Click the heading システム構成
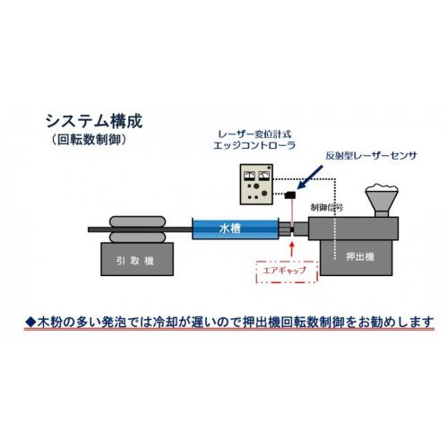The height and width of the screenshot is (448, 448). (94, 121)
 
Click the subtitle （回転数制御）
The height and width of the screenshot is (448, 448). (89, 140)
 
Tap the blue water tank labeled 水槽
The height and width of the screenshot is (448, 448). (236, 228)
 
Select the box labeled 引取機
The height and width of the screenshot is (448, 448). (137, 259)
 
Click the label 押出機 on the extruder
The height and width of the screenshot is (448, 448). (360, 256)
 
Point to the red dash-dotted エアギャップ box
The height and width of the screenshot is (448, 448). (287, 271)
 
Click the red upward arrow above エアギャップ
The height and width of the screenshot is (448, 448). (292, 250)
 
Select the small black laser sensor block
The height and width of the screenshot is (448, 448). (290, 194)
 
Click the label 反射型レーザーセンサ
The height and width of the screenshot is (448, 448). (371, 156)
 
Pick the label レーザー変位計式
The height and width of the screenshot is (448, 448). (254, 134)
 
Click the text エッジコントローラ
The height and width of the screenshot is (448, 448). (254, 145)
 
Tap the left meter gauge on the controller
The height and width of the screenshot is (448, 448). (249, 176)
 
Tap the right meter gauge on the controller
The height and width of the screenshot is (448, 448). (263, 176)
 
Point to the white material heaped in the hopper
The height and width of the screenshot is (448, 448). (382, 188)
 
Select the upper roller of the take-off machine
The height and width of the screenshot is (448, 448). (137, 221)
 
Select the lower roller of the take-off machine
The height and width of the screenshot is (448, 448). (137, 237)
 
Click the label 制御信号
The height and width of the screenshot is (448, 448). (326, 207)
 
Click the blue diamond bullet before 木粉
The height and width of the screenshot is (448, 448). (30, 322)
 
